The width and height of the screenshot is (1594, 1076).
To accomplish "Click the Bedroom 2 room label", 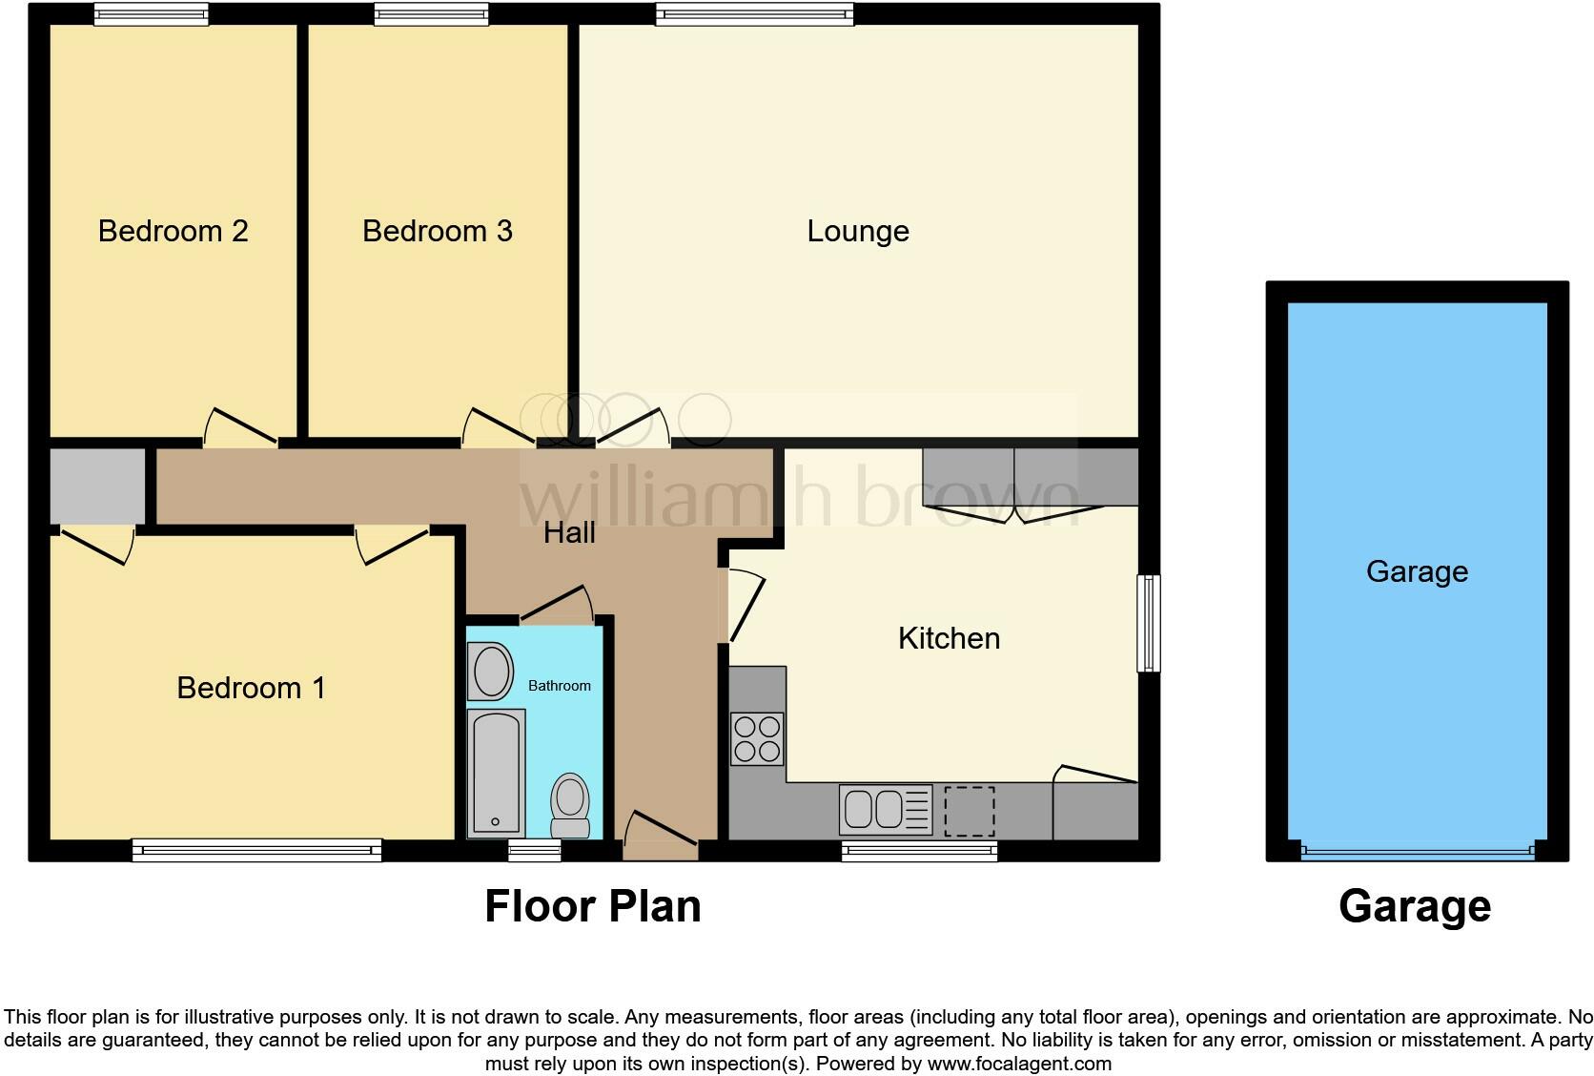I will (x=173, y=231).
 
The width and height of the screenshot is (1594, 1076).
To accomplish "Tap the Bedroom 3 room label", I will (x=438, y=231).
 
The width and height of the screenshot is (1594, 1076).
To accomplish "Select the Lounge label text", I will (x=857, y=231).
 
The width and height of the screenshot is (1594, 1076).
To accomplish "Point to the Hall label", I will (x=569, y=532).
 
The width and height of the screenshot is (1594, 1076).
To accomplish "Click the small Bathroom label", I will (x=559, y=686).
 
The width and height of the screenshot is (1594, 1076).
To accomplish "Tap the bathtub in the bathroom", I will (x=497, y=773).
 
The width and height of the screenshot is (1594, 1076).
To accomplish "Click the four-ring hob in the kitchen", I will (x=757, y=739).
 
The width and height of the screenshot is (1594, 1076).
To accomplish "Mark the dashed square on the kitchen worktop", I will (x=969, y=811).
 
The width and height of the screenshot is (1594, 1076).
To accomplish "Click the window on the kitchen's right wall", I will (x=1150, y=624).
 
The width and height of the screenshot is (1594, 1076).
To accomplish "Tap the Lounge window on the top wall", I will (x=754, y=13).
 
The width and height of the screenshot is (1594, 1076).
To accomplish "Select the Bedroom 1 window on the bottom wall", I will (x=256, y=850).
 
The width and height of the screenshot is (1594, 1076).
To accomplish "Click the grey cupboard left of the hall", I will (x=97, y=486).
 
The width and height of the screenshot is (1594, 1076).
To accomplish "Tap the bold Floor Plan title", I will (x=592, y=906).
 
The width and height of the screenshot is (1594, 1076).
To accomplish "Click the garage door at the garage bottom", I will (x=1417, y=851).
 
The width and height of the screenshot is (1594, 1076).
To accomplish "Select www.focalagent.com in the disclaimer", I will (x=1019, y=1064).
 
